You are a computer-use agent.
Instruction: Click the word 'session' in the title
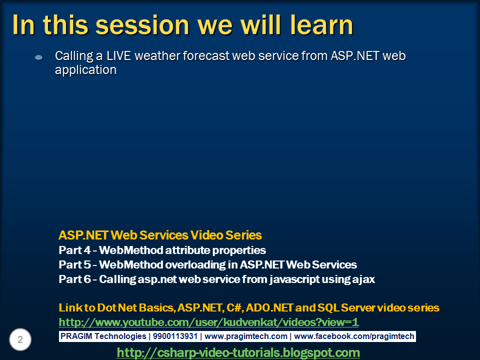(x=142, y=25)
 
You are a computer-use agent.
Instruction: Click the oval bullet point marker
(x=39, y=57)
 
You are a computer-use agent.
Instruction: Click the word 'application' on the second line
(x=85, y=70)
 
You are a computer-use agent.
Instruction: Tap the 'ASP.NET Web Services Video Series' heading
(x=160, y=235)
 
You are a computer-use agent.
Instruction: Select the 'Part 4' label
(x=74, y=250)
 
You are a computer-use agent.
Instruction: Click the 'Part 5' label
(x=74, y=264)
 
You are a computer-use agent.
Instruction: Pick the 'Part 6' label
(x=74, y=279)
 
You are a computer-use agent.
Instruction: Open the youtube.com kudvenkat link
(x=208, y=322)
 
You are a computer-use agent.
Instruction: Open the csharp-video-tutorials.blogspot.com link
(x=238, y=352)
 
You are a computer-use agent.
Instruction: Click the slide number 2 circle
(x=20, y=339)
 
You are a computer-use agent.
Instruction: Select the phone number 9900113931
(x=175, y=336)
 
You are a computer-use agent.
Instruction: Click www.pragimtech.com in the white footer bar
(x=246, y=336)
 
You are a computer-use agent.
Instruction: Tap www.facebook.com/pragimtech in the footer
(x=354, y=336)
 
